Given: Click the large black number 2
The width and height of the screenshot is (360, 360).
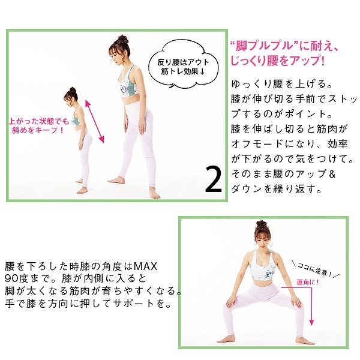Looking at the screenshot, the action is (x=214, y=179).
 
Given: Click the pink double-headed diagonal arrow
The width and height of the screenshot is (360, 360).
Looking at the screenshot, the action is (x=95, y=121).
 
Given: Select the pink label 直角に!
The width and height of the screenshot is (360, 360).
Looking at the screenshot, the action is (x=308, y=282).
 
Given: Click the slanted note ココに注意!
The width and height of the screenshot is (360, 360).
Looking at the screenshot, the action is (x=315, y=269).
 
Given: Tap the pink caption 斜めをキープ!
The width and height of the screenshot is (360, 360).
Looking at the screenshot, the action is (x=38, y=130).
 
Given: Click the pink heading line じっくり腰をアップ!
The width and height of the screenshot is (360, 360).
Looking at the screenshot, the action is (x=277, y=61).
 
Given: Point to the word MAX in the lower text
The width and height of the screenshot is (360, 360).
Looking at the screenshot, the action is (x=146, y=266).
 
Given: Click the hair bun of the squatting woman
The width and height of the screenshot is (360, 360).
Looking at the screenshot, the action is (x=261, y=223).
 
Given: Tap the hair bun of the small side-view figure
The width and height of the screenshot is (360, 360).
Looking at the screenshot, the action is (x=73, y=89).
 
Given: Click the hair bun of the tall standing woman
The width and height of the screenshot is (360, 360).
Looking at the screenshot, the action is (x=122, y=39).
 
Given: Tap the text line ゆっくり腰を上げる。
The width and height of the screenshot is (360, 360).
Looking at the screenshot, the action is (x=282, y=84).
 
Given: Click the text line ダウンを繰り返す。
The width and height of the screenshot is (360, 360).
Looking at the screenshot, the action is (x=276, y=189).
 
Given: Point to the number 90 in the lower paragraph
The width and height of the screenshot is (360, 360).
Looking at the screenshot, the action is (x=11, y=278).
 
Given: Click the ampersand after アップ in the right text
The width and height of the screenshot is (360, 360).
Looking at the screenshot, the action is (x=332, y=174).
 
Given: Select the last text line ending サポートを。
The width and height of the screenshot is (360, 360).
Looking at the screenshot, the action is (x=88, y=304).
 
